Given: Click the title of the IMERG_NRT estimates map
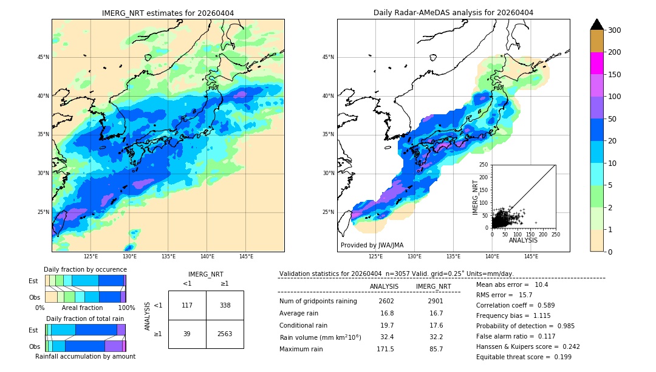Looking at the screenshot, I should (x=168, y=13).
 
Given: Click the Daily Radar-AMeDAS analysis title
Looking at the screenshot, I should (x=453, y=13).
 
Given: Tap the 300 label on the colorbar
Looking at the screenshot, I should (x=615, y=30).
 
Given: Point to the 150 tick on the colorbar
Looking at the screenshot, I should (x=615, y=75).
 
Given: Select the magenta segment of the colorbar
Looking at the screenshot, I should (x=597, y=63).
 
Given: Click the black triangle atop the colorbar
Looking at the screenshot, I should (x=597, y=24).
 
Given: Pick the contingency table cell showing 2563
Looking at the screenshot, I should (x=225, y=334).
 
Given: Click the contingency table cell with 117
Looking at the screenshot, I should (x=187, y=305).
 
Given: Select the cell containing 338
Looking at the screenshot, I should (x=225, y=305).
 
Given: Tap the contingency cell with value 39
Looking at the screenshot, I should (x=187, y=334).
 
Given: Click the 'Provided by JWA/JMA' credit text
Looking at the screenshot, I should (x=372, y=245).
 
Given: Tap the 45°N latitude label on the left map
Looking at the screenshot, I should (x=43, y=57).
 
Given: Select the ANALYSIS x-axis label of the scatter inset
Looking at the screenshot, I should (x=523, y=240).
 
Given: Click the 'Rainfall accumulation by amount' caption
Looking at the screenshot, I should (x=85, y=356).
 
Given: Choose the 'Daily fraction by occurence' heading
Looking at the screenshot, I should (x=85, y=269).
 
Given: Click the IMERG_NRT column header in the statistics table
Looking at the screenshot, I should (x=433, y=286).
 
